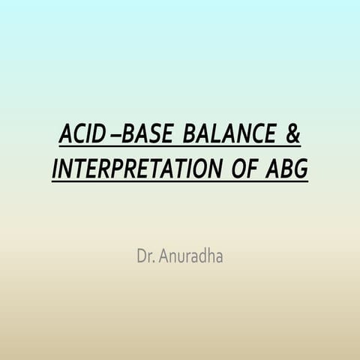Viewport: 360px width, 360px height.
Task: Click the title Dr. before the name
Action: (x=145, y=256)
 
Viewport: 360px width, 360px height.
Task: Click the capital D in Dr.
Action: (x=141, y=256)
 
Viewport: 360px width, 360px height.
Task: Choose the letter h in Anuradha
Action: (x=212, y=256)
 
